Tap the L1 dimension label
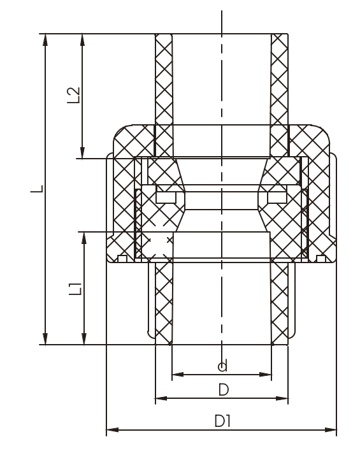click(x=76, y=289)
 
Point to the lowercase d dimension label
click(x=222, y=366)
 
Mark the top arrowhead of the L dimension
click(x=45, y=39)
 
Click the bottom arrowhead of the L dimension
click(x=45, y=339)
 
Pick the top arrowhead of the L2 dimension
click(x=82, y=39)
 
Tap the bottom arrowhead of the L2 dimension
click(x=82, y=152)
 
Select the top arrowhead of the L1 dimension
click(x=83, y=238)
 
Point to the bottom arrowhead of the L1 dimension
click(x=83, y=339)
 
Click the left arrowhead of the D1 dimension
click(x=112, y=431)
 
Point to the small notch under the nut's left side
click(x=123, y=258)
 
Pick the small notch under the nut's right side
click(x=321, y=258)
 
